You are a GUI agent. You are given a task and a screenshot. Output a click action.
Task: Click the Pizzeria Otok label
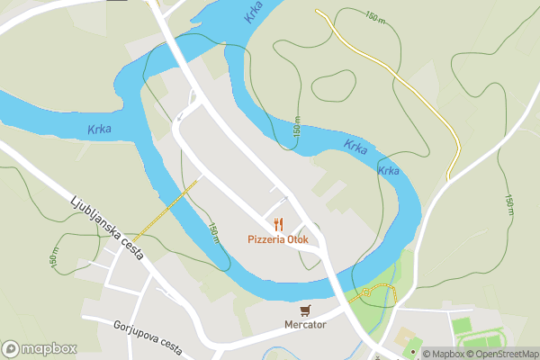[x=279, y=240]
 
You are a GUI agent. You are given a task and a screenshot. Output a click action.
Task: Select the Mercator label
[x=304, y=324]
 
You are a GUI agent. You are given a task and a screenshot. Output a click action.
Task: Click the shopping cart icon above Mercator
[x=305, y=310]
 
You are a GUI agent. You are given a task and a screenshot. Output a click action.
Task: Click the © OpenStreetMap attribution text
[x=503, y=355]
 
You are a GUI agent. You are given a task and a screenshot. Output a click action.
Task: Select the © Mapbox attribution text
[x=444, y=355]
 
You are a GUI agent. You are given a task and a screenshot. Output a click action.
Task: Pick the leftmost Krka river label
[x=99, y=130]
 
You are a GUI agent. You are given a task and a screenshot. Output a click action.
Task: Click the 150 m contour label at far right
[x=509, y=204]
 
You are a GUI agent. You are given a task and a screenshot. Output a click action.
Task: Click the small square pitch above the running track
[x=462, y=325]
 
